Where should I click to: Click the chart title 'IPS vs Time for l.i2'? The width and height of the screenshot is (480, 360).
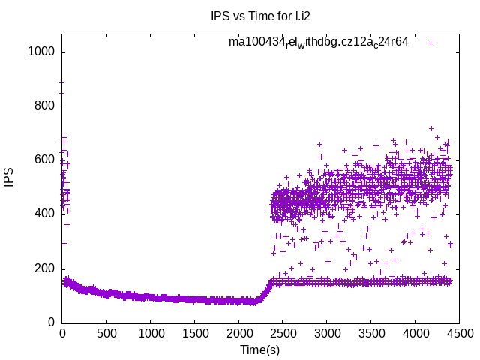click(259, 16)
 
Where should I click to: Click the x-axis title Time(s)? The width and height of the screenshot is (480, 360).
click(259, 349)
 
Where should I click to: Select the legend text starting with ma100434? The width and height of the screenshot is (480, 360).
click(319, 42)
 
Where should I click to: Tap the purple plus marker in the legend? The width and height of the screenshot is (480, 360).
click(431, 43)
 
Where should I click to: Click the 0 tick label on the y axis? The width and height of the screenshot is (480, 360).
click(51, 322)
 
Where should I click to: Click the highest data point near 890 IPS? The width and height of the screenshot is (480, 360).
click(62, 82)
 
